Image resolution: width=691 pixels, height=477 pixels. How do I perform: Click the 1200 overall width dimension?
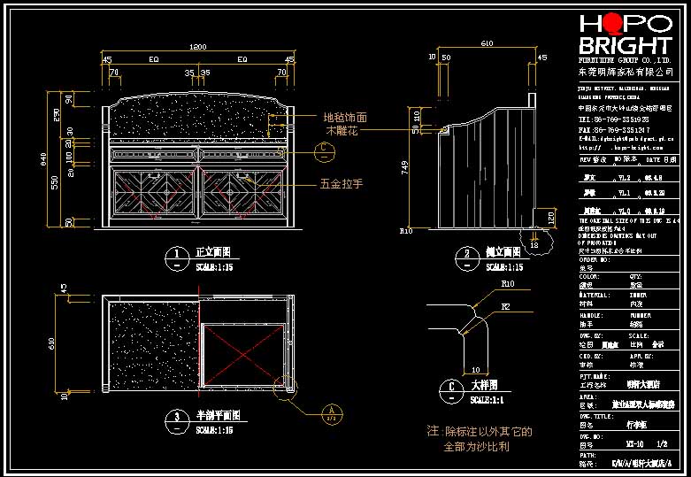[198, 46]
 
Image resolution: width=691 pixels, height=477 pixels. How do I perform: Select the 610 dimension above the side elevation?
[486, 43]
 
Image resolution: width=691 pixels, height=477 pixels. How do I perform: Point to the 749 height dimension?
[405, 165]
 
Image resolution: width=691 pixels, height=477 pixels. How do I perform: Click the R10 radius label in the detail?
[508, 285]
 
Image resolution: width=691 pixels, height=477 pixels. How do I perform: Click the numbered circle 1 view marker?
[176, 258]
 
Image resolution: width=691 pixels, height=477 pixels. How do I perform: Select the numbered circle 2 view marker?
[466, 258]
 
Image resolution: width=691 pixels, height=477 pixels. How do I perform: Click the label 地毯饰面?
[344, 117]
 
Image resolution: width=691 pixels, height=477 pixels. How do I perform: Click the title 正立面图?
[211, 252]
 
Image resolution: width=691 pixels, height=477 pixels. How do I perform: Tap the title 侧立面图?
[503, 252]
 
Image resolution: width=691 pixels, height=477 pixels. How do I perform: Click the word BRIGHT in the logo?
[624, 45]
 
